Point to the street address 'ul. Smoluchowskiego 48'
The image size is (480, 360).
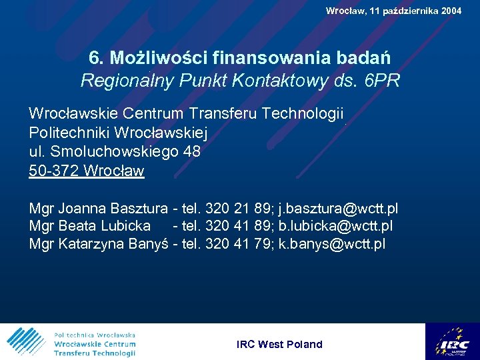click(115, 151)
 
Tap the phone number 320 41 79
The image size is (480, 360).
click(239, 244)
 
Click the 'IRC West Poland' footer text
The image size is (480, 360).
click(279, 345)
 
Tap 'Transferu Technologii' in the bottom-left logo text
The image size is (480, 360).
click(95, 353)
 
